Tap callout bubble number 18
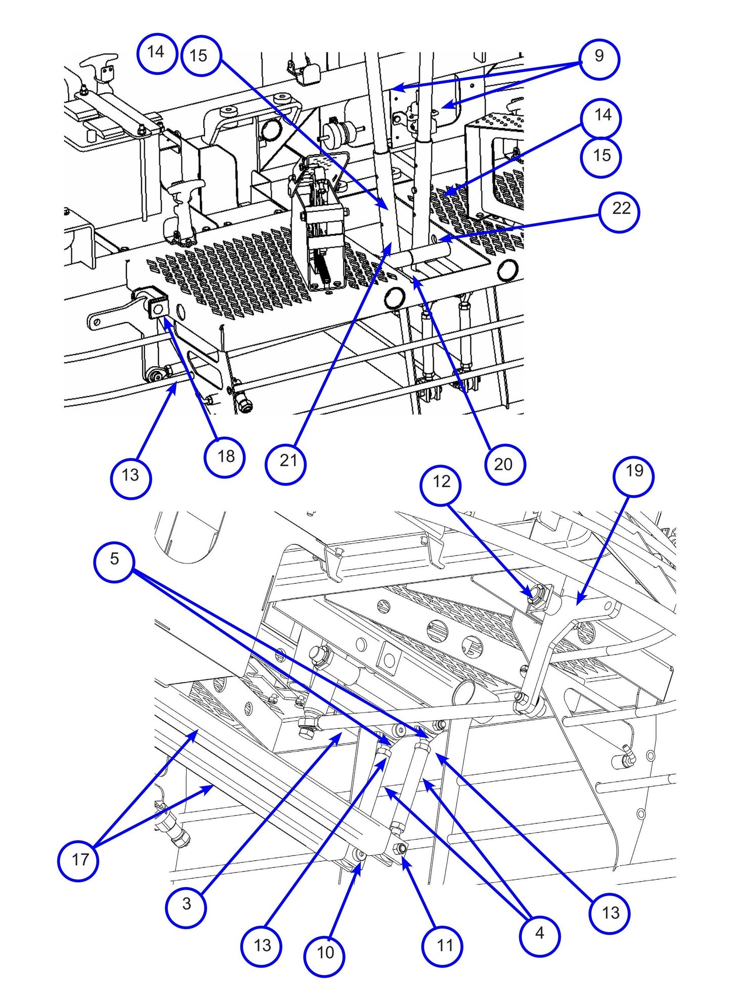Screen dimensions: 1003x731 pos(225,457)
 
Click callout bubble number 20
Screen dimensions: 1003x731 pos(504,464)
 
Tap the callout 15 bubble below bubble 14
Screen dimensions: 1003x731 pos(601,157)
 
